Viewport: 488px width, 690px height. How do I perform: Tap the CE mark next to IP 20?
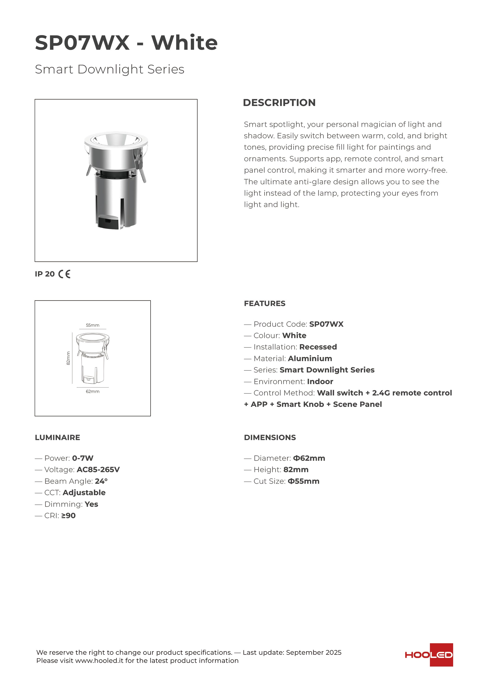coord(64,274)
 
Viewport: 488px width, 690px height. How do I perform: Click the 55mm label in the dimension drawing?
coord(93,325)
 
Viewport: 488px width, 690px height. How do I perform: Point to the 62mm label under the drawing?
coord(93,391)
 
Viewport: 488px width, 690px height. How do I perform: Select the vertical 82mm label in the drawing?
coord(68,358)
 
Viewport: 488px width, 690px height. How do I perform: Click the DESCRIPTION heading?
coord(279,102)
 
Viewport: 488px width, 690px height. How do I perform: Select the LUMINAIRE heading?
coord(57,437)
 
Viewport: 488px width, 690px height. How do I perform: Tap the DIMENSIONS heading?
coord(270,437)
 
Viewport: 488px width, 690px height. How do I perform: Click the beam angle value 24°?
coord(101,481)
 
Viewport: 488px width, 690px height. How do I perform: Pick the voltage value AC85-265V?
coord(98,470)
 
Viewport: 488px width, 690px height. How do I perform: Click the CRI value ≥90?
coord(68,516)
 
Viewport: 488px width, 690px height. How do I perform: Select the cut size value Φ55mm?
coord(303,481)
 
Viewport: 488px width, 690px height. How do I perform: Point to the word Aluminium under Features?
coord(310,358)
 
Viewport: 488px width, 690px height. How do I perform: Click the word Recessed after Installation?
coord(318,347)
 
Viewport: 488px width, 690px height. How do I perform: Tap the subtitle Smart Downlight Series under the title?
coord(109,69)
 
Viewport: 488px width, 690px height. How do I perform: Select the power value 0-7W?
coord(83,458)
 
